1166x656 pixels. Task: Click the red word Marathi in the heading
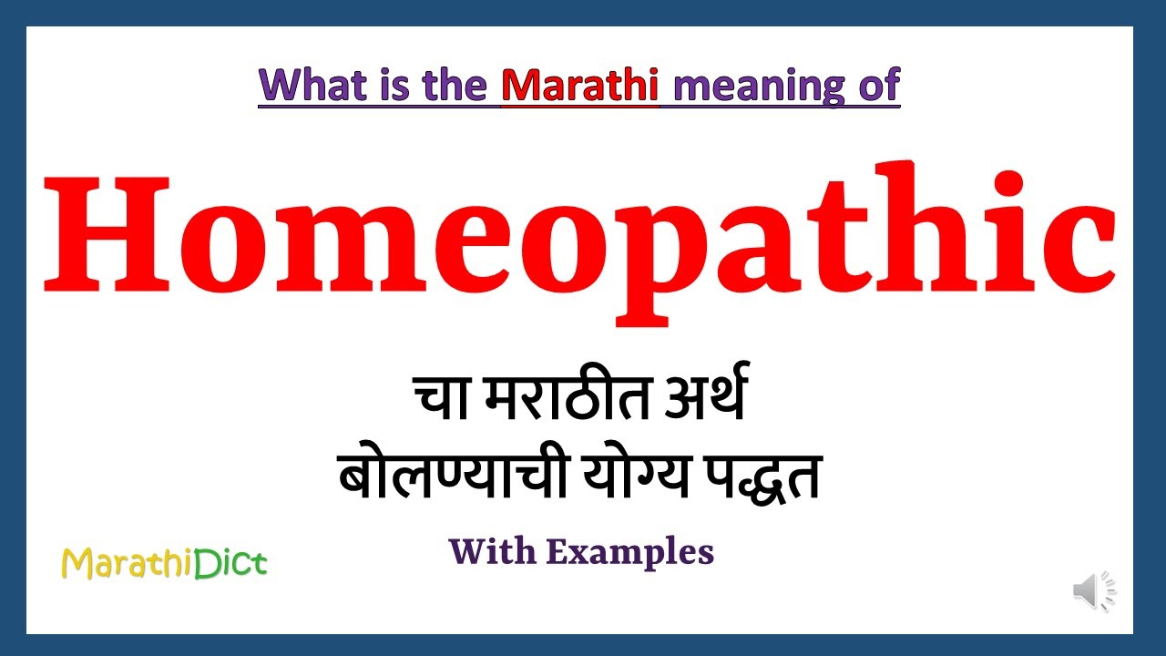(x=579, y=85)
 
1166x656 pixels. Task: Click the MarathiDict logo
(x=164, y=564)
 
